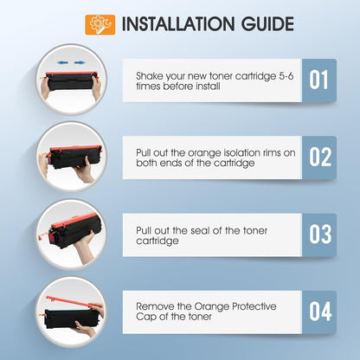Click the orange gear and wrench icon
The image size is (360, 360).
pos(100,25)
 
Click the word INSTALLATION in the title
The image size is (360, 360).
pos(178,24)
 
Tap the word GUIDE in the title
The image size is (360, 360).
pos(267,24)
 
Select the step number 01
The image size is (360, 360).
pos(318,80)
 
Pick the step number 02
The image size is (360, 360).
pos(320,157)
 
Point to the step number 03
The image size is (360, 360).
pos(320,234)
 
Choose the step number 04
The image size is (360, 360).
pos(320,312)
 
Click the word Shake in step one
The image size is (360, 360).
pos(150,76)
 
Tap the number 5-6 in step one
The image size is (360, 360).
pos(286,76)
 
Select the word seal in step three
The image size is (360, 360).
pos(201,230)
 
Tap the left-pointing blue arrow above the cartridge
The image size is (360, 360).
pos(62,62)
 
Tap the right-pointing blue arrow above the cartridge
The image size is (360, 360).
pos(79,62)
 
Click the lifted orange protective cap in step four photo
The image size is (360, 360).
pos(74,301)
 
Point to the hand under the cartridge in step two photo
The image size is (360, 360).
pos(85,171)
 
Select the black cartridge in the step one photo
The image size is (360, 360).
pos(71,81)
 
